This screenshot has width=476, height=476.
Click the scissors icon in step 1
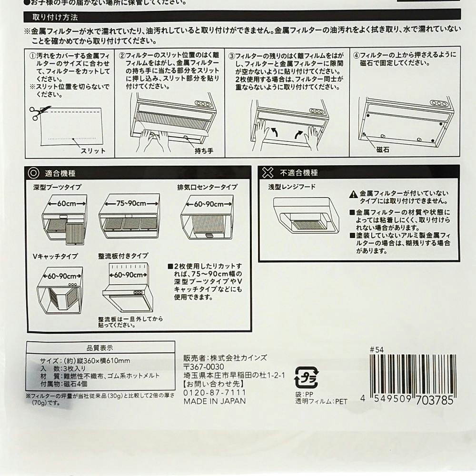point(39,113)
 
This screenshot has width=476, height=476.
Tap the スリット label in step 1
point(93,150)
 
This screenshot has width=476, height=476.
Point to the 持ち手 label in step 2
point(204,150)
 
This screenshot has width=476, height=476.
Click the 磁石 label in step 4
point(383,149)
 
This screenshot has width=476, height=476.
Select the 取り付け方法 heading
point(55,17)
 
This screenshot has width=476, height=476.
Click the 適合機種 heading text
point(60,173)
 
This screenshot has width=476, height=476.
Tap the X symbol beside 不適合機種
point(268,172)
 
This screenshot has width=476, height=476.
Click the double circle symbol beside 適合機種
point(33,173)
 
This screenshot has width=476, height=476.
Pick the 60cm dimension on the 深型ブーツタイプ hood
point(67,203)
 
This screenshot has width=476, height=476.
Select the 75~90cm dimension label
point(131,203)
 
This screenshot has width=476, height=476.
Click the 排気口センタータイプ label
point(208,187)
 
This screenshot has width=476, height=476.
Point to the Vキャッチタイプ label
point(55,256)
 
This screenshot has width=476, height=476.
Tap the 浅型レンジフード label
point(292,187)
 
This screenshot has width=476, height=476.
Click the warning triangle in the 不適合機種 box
point(353,194)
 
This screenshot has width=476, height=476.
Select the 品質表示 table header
point(99,347)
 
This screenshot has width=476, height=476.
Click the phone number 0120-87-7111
point(214,393)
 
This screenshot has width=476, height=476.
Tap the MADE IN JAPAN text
point(214,401)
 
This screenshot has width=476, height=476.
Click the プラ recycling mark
point(306,377)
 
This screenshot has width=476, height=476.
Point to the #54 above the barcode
point(377,350)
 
